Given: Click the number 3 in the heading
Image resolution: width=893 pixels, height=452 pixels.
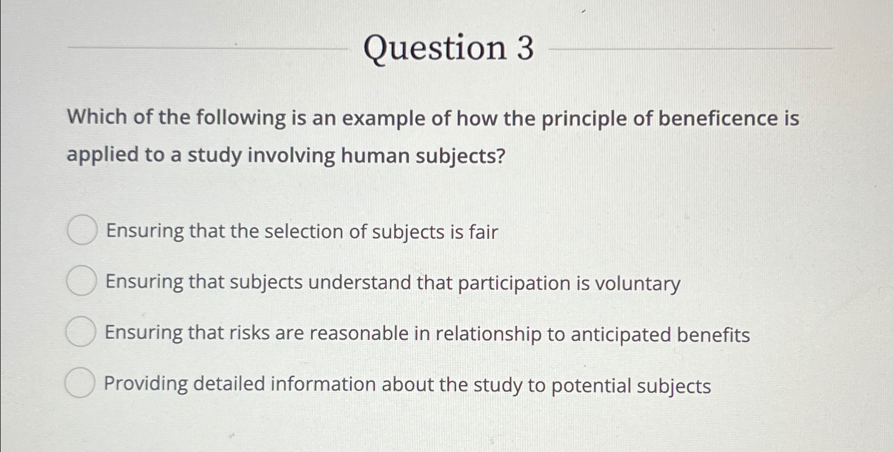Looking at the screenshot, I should coord(524,48).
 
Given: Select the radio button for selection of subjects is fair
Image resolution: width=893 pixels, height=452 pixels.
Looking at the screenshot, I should coord(82,230).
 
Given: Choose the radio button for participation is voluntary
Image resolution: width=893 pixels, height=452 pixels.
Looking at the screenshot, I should coord(82,281).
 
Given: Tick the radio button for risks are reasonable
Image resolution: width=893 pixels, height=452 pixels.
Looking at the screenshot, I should coord(81,332).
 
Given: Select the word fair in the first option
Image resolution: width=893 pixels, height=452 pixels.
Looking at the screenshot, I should coord(483,232).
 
